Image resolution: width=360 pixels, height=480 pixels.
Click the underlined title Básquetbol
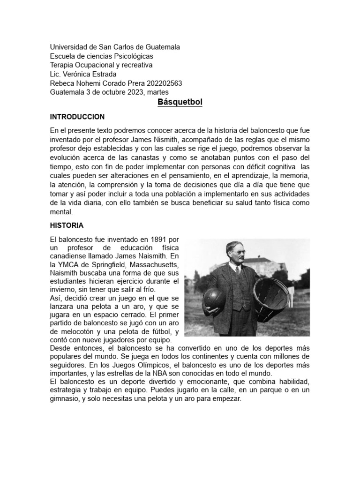click(x=180, y=102)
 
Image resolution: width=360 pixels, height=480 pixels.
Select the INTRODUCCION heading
click(x=77, y=117)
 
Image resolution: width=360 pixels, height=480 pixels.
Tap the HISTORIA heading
click(x=67, y=225)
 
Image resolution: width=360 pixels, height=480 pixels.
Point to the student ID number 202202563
click(x=164, y=83)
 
